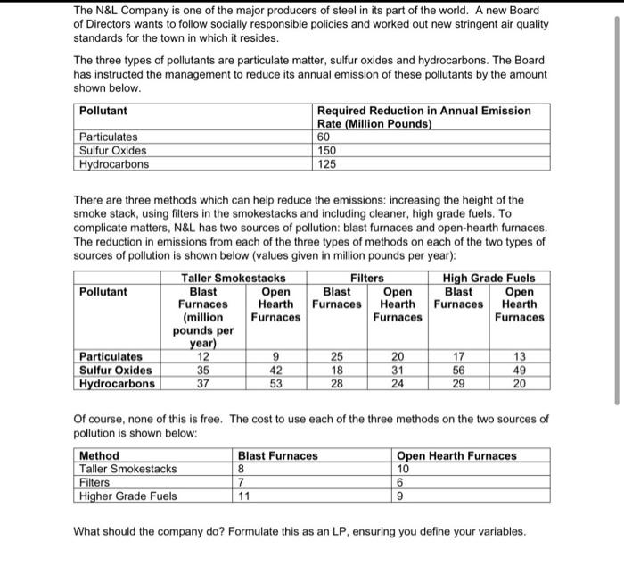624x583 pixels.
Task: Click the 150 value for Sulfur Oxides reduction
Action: coord(327,151)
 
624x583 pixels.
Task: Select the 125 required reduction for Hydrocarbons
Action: coord(327,164)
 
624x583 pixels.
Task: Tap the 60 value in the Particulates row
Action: coord(324,137)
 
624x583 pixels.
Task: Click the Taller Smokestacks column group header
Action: coord(234,279)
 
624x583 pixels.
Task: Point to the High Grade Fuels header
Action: coord(489,279)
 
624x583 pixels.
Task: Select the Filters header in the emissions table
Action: coord(367,279)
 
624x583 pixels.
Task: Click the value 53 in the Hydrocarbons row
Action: coord(273,384)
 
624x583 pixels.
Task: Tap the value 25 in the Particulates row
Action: coord(335,357)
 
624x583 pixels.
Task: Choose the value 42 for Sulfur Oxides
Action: coord(273,371)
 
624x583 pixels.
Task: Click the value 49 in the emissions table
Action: coord(519,371)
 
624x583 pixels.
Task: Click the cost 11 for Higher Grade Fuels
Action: coord(242,496)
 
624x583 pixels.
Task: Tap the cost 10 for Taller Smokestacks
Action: coord(403,469)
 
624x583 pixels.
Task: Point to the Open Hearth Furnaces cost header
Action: coord(456,455)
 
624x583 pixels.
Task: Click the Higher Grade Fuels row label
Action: coord(128,496)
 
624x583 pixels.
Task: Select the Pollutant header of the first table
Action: coord(103,111)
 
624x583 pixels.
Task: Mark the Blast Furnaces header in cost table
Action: coord(277,455)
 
